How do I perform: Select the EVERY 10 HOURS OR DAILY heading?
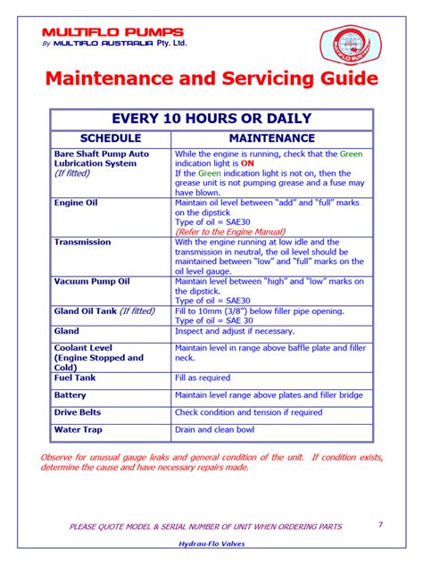[x=211, y=119]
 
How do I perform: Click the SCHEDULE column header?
[x=111, y=138]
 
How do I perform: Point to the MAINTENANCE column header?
[x=271, y=138]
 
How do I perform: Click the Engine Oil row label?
[x=76, y=203]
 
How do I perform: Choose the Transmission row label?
[x=82, y=242]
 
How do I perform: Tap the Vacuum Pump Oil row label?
[x=92, y=281]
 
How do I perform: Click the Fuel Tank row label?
[x=75, y=377]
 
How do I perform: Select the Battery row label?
[x=70, y=394]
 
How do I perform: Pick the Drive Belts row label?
[x=78, y=412]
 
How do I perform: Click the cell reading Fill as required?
[x=203, y=377]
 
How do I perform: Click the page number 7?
[x=380, y=525]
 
